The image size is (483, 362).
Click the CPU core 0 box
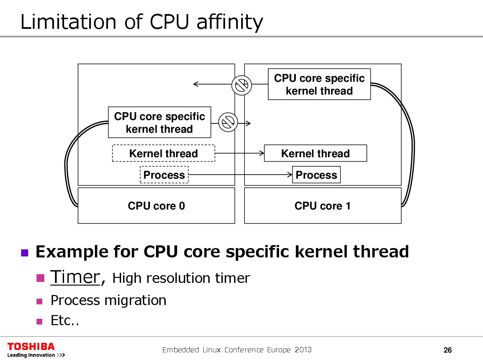pyautogui.click(x=156, y=205)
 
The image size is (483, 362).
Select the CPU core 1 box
pyautogui.click(x=323, y=205)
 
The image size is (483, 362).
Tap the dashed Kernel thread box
pyautogui.click(x=163, y=153)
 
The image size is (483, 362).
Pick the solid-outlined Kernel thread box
pyautogui.click(x=315, y=153)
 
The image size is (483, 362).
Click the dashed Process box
pyautogui.click(x=164, y=175)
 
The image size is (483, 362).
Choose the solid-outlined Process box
pyautogui.click(x=316, y=175)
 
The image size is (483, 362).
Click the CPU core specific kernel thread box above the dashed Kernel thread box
pyautogui.click(x=159, y=122)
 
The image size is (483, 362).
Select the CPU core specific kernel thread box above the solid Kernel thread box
pyautogui.click(x=319, y=84)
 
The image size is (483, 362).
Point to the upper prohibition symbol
pyautogui.click(x=241, y=85)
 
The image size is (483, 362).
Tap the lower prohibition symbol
pyautogui.click(x=228, y=122)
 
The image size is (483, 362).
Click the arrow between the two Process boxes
pyautogui.click(x=240, y=175)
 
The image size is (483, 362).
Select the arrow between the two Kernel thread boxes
pyautogui.click(x=239, y=153)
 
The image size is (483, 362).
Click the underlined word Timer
pyautogui.click(x=75, y=278)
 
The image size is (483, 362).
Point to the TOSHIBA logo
pyautogui.click(x=31, y=347)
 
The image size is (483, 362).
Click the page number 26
pyautogui.click(x=447, y=350)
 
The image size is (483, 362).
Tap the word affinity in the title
pyautogui.click(x=230, y=22)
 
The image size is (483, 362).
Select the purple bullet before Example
pyautogui.click(x=25, y=252)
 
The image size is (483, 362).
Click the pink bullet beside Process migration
pyautogui.click(x=40, y=301)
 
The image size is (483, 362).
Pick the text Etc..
pyautogui.click(x=64, y=320)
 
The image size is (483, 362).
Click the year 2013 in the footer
pyautogui.click(x=303, y=350)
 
